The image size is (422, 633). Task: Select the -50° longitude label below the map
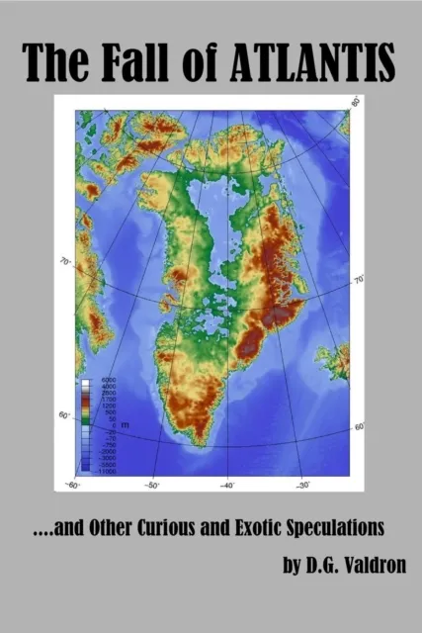click(151, 485)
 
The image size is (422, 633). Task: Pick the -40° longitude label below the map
click(226, 485)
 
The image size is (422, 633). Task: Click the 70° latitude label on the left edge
click(66, 262)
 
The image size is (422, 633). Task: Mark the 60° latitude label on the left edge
click(64, 415)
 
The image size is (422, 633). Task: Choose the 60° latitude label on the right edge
click(359, 426)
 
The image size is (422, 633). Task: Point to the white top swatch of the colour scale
click(85, 381)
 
